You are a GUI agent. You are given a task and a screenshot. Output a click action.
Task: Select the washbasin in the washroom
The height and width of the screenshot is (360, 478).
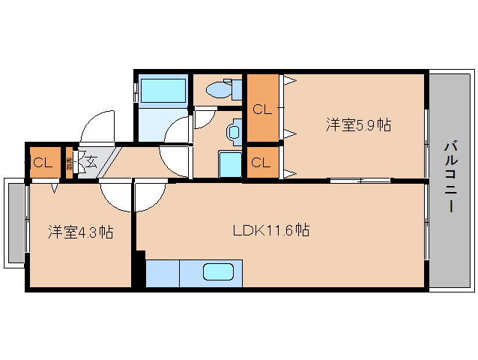233,133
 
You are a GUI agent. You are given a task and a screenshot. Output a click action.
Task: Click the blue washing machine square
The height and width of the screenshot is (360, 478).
229,163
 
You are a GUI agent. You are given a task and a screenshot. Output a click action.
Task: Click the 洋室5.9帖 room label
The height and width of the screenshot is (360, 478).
357,125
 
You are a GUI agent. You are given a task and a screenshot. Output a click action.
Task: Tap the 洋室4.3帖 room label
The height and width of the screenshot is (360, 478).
81,232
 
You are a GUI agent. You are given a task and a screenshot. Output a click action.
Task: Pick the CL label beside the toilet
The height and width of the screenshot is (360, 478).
261,109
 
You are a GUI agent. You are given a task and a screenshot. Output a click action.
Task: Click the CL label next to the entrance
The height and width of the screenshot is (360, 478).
42,162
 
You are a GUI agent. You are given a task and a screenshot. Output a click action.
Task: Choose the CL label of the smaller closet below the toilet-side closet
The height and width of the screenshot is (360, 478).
261,162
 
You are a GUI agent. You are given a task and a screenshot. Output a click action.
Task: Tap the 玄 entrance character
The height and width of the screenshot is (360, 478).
90,160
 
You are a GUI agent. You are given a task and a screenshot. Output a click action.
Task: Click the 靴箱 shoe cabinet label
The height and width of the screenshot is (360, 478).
69,161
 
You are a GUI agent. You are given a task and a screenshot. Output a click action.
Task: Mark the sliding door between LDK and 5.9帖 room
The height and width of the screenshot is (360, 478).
360,180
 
